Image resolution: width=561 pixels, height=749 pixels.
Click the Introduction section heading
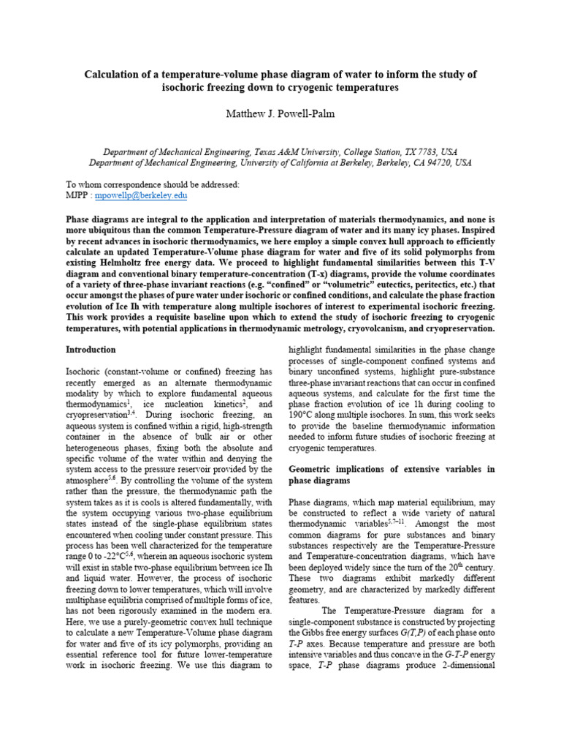pos(91,350)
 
